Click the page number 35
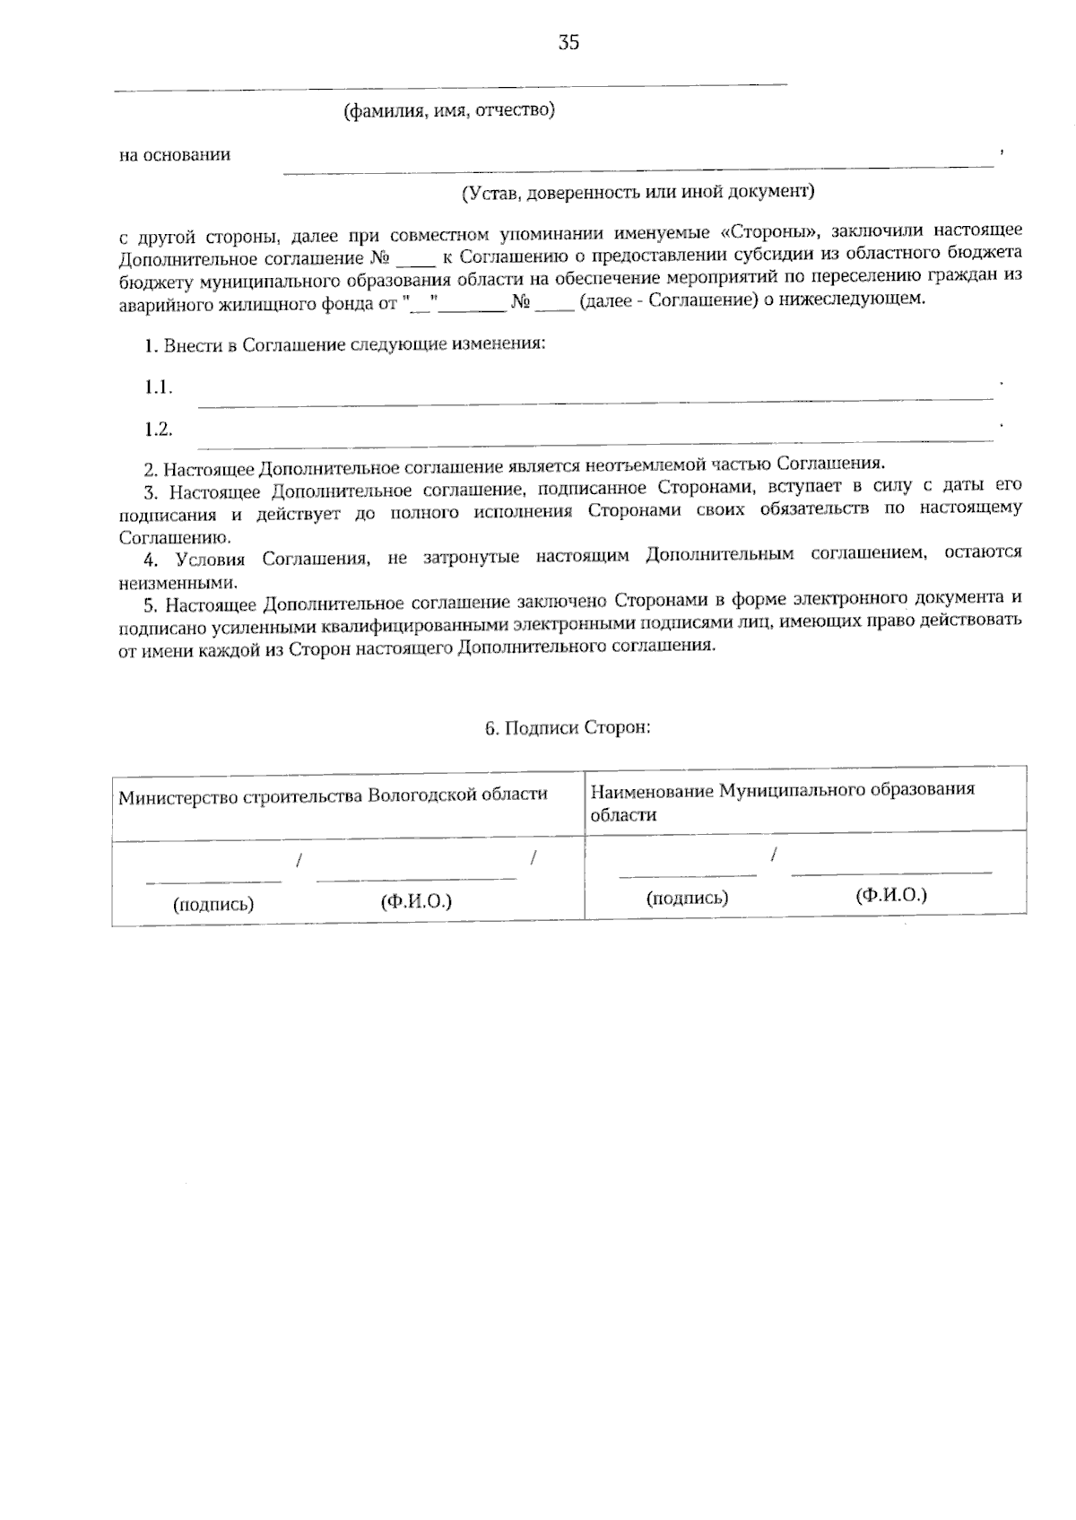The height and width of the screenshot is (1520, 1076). click(568, 43)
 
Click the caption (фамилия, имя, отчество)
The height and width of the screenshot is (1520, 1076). click(449, 110)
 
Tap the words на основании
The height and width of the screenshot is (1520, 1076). click(175, 155)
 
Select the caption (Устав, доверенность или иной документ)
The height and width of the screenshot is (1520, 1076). click(638, 191)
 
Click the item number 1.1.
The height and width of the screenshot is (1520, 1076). click(159, 387)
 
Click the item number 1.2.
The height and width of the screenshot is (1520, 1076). click(159, 429)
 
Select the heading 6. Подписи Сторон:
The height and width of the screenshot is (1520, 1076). click(568, 727)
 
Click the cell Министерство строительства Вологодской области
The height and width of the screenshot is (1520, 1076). click(333, 796)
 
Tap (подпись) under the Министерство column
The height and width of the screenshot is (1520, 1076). click(213, 904)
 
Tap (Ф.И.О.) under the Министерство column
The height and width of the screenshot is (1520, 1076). click(416, 901)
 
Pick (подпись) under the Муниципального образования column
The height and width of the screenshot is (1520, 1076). click(687, 898)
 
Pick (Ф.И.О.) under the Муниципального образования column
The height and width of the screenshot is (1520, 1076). click(890, 895)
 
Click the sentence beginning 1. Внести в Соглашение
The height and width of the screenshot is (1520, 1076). click(344, 345)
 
